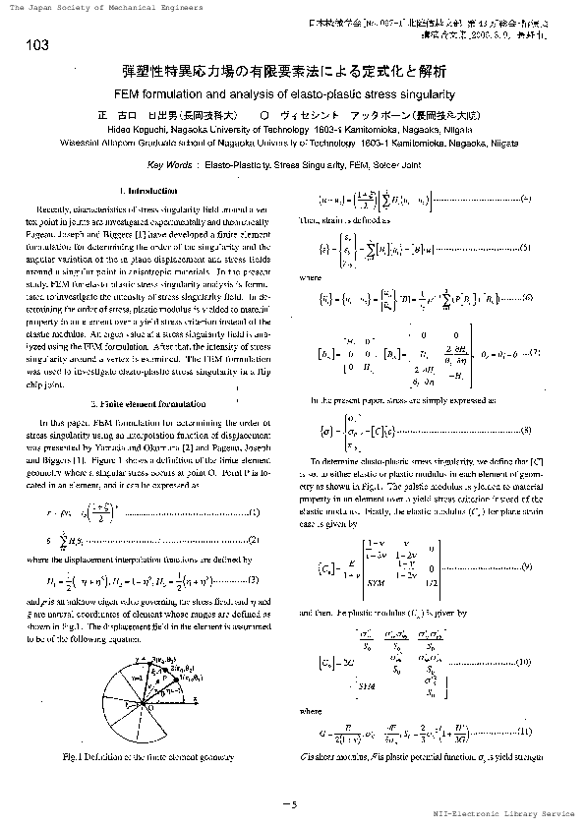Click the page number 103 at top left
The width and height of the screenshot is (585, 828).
34,46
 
